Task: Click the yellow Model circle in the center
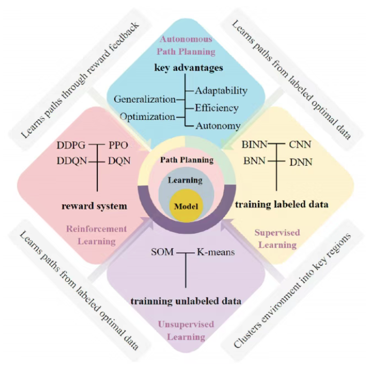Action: pyautogui.click(x=186, y=206)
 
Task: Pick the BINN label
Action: pyautogui.click(x=253, y=144)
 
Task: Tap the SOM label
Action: pyautogui.click(x=163, y=252)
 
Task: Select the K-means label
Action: pyautogui.click(x=216, y=252)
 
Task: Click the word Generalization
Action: pyautogui.click(x=145, y=99)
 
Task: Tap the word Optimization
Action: pyautogui.click(x=147, y=116)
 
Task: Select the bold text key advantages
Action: pyautogui.click(x=188, y=68)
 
